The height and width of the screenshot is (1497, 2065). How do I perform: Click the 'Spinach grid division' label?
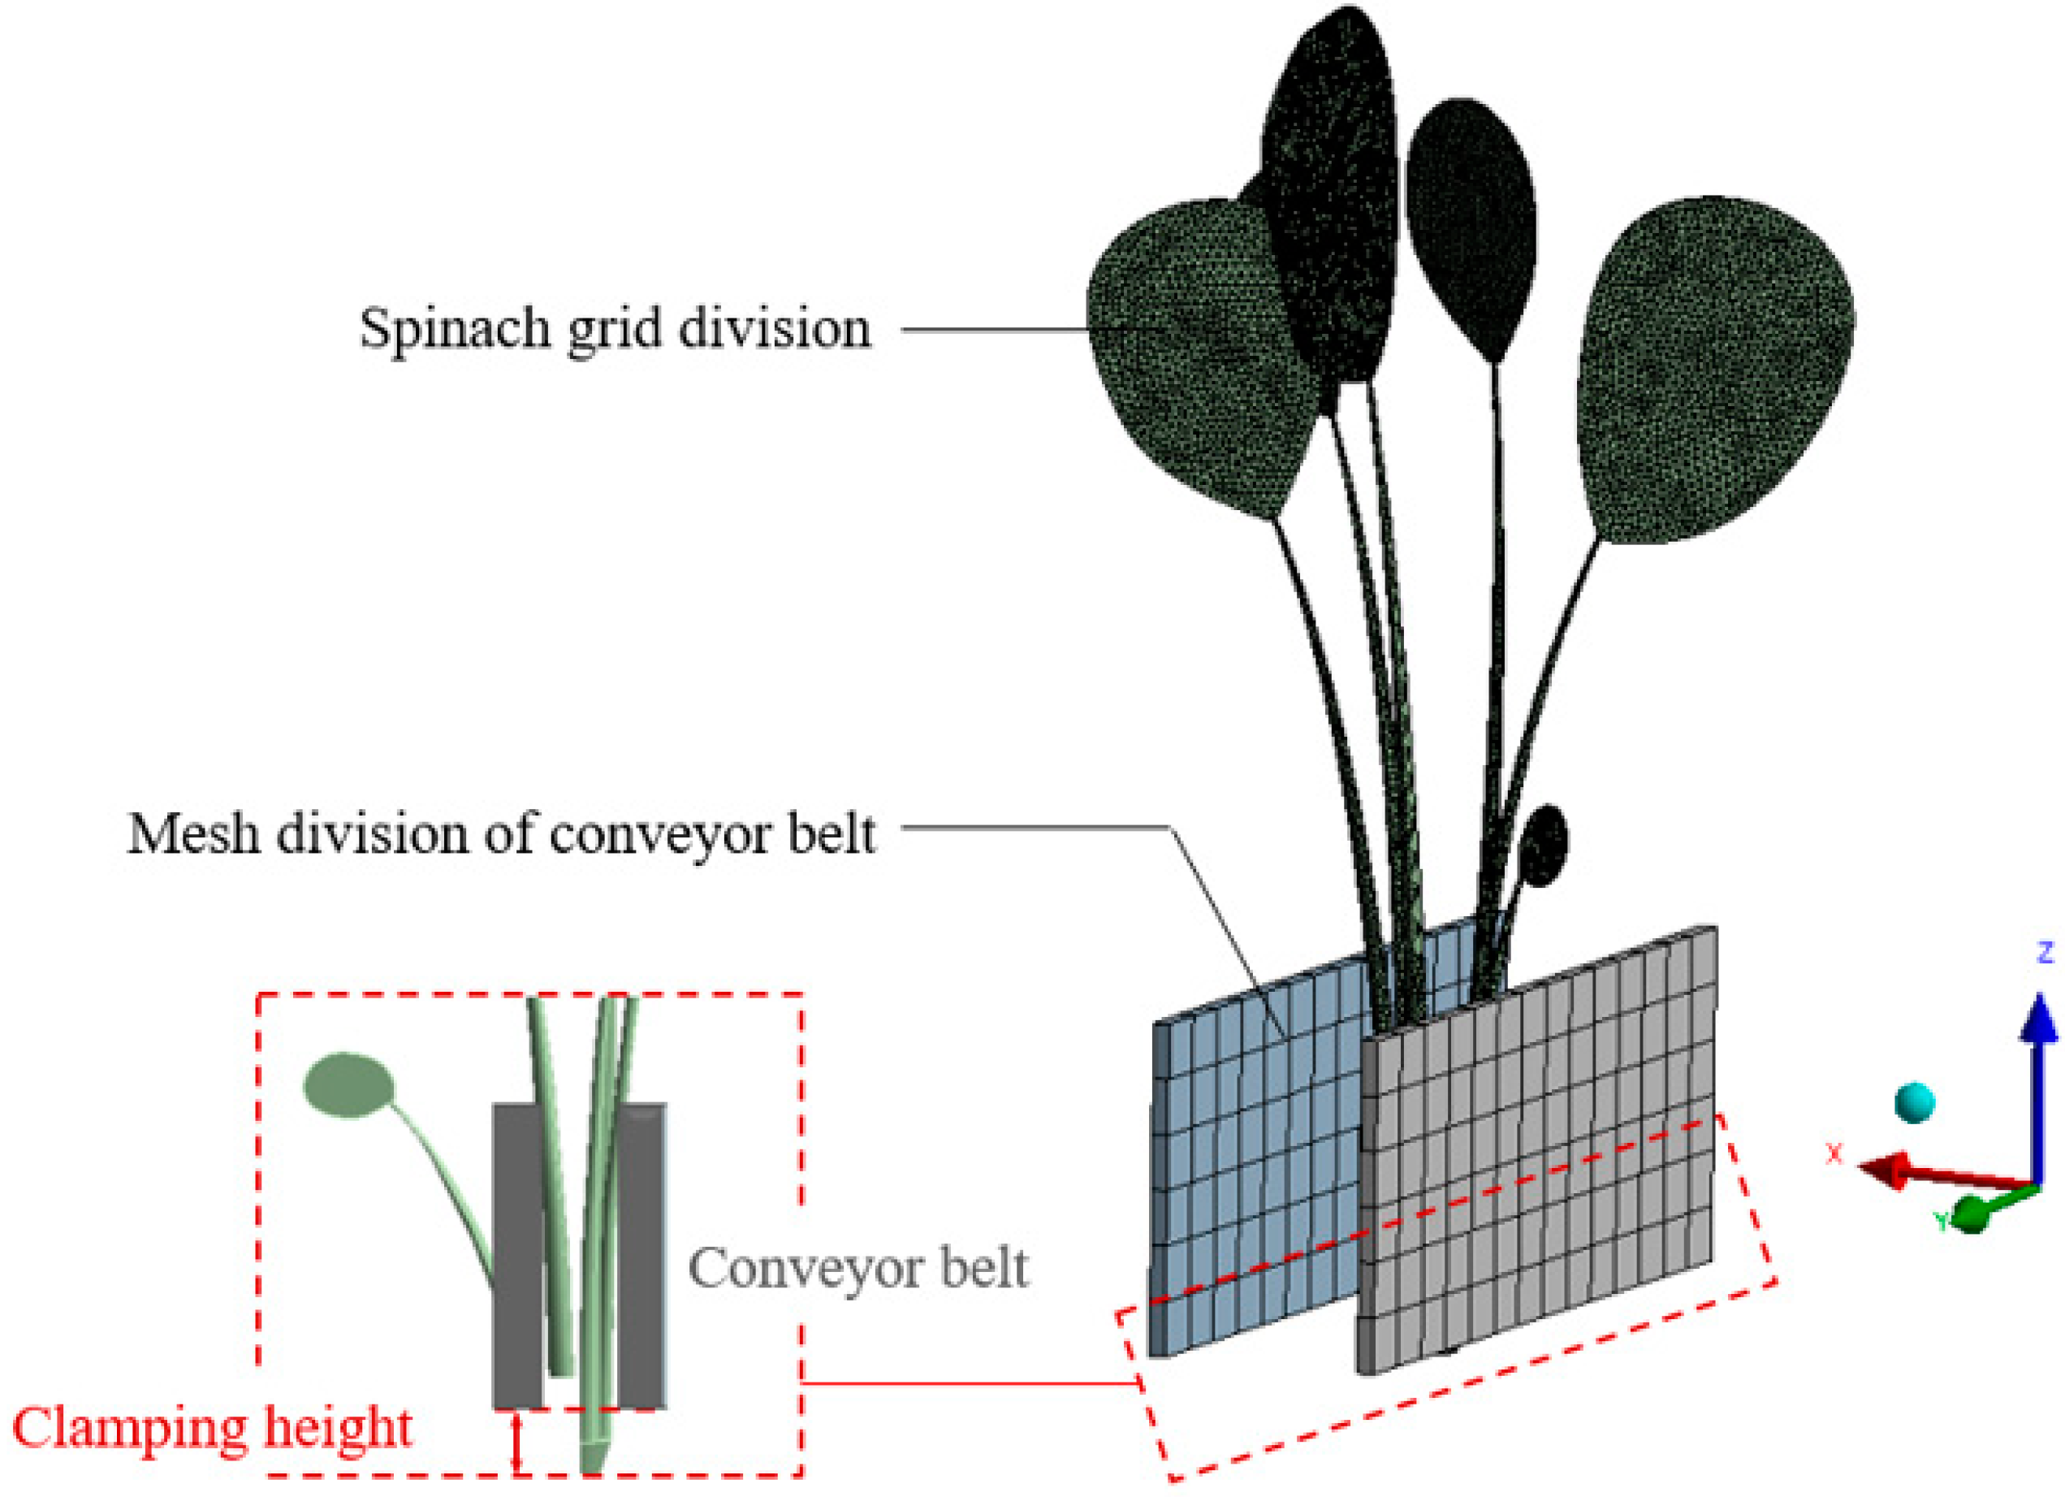[616, 329]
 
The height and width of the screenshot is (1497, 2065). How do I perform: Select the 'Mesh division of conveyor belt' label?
[501, 833]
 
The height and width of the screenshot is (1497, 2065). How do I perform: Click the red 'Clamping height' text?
[212, 1428]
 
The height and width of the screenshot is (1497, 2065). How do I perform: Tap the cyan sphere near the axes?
[1914, 1103]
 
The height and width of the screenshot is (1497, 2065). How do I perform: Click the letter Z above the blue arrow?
[2045, 954]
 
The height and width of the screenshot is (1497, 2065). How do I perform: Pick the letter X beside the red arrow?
[1834, 1153]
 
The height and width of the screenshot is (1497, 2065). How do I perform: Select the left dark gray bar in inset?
[517, 1257]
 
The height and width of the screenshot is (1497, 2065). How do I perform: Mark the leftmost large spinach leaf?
[1193, 355]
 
